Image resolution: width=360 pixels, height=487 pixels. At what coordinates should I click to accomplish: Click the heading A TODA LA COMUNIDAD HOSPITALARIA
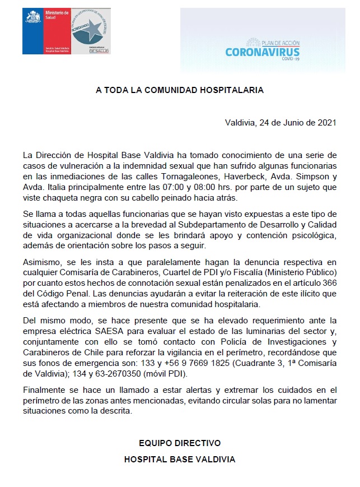[179, 89]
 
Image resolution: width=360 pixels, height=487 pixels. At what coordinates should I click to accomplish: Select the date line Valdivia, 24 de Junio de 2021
[280, 123]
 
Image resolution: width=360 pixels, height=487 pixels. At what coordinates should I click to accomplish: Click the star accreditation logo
[90, 31]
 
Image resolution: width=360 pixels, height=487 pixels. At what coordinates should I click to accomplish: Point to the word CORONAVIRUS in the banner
[263, 53]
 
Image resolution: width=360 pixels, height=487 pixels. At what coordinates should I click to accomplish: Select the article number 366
[329, 282]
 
